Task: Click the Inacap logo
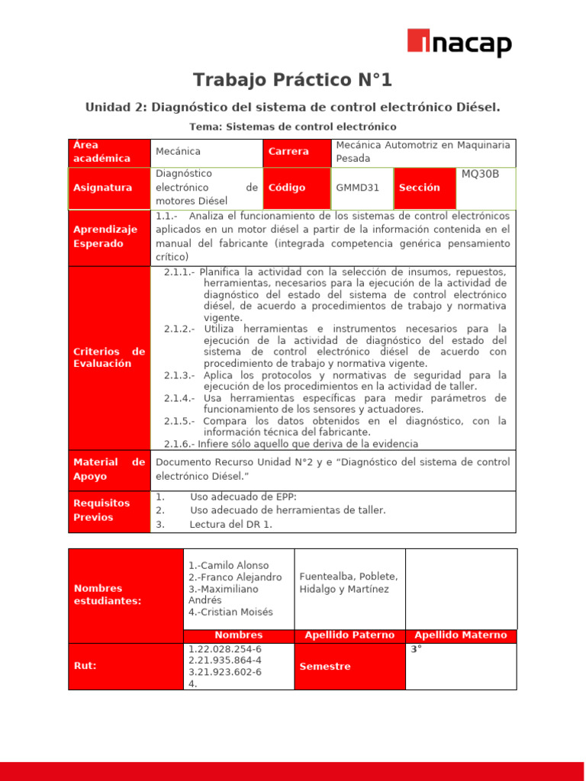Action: (x=459, y=43)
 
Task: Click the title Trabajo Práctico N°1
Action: (x=292, y=80)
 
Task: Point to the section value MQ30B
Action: (x=480, y=174)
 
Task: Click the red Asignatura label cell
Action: (x=108, y=188)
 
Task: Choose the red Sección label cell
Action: (x=425, y=188)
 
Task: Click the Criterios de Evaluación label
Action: (x=108, y=358)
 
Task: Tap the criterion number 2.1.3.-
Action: (x=179, y=375)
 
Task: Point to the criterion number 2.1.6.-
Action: (x=179, y=444)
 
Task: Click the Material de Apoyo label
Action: (x=108, y=470)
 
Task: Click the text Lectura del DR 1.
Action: (x=231, y=525)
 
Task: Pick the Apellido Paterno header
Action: (x=349, y=635)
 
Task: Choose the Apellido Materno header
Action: (x=460, y=635)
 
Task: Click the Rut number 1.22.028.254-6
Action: (x=224, y=649)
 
